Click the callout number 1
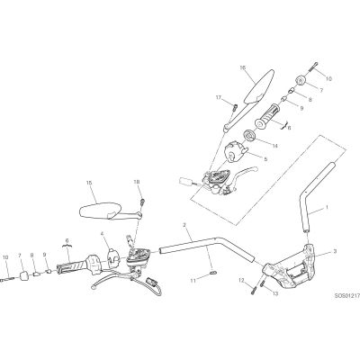coord(327,207)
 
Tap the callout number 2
coord(184,225)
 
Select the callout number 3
coord(335,250)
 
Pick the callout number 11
coord(193,281)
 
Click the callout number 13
coord(275,293)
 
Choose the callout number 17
coord(219,97)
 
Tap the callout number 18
coord(137,182)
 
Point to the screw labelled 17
coord(235,107)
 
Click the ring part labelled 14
coord(249,134)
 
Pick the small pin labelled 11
coord(212,273)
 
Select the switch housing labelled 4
coord(113,257)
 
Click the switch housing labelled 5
coord(236,151)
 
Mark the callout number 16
coord(243,68)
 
